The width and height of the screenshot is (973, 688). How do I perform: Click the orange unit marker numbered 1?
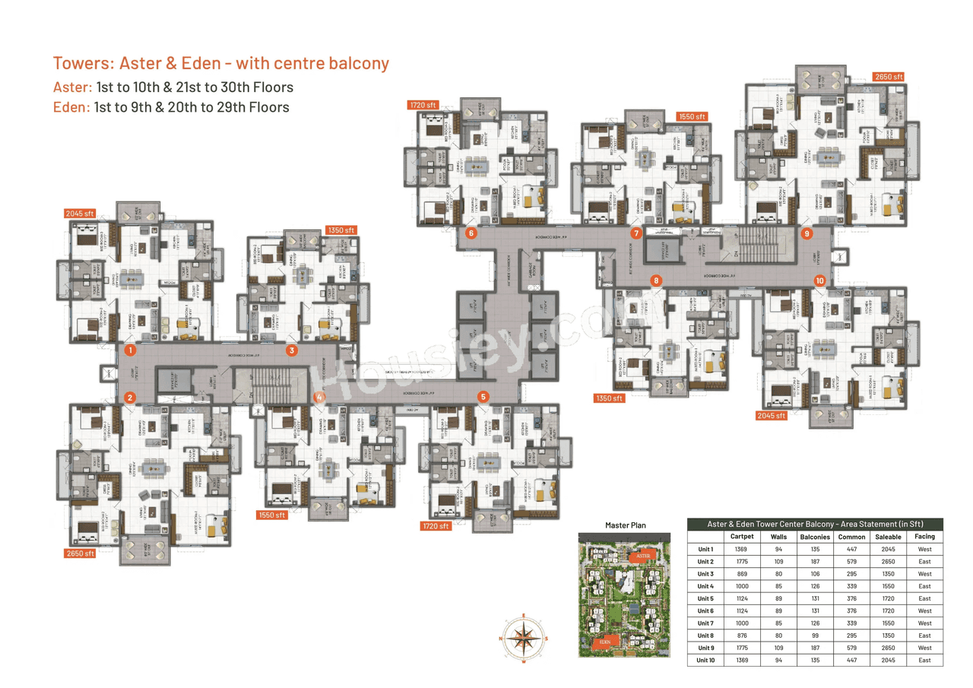[131, 350]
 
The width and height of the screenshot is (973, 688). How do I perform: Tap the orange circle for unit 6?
[471, 233]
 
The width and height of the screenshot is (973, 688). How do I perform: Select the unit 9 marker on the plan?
[807, 233]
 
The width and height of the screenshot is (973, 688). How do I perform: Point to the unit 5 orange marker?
[483, 396]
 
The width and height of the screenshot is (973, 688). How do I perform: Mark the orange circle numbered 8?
[656, 281]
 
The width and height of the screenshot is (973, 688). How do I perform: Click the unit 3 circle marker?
[291, 350]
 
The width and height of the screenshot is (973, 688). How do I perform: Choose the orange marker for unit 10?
[819, 281]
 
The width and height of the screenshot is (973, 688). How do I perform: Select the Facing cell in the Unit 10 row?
[924, 660]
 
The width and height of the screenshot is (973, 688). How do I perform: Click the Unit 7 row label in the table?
[705, 623]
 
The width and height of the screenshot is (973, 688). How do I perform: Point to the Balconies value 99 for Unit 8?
[809, 636]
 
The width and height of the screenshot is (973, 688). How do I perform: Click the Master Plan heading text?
[625, 525]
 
